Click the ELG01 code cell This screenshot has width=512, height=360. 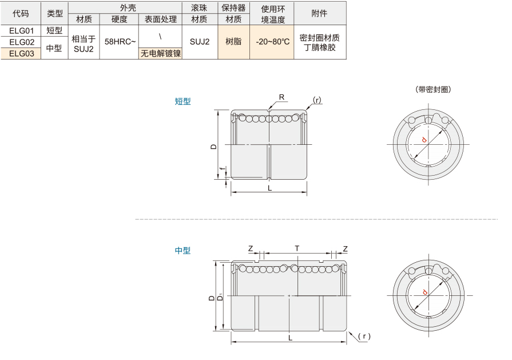point(21,31)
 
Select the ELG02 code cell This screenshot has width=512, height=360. point(21,42)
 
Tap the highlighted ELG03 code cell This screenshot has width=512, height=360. point(21,54)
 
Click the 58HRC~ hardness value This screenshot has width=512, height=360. point(120,42)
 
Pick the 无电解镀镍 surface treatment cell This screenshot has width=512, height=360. point(160,54)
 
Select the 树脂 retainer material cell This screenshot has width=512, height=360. point(233,42)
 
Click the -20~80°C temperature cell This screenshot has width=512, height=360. point(272,42)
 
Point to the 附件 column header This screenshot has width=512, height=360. point(319,13)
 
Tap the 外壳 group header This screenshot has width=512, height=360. point(128,7)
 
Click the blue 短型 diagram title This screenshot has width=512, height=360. point(182,101)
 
